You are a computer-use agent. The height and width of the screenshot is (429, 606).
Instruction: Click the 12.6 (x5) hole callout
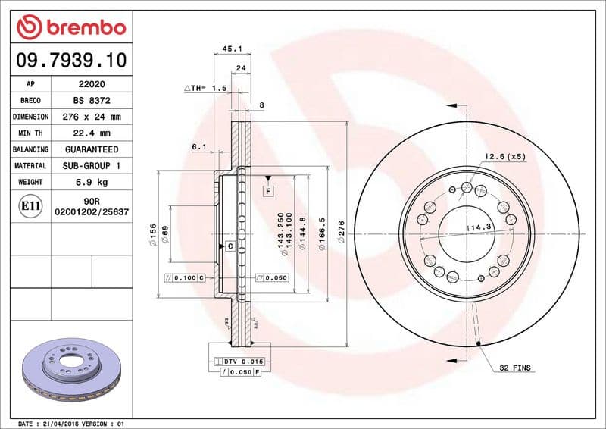(505, 158)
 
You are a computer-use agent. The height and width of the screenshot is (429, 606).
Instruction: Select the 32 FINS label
(515, 368)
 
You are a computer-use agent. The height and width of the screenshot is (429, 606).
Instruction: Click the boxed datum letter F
(268, 191)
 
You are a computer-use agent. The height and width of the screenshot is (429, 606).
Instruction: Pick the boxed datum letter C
(229, 246)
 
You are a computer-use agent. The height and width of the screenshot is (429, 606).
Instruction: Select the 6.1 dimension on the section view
(199, 146)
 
